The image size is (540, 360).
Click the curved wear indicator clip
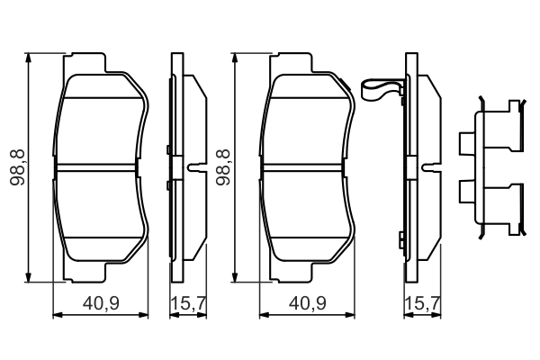click(x=381, y=91)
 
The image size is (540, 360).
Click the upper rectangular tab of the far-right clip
click(x=466, y=142)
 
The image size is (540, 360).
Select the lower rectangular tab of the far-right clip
click(x=466, y=190)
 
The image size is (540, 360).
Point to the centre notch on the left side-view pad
click(x=193, y=167)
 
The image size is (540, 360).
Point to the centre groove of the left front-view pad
click(x=101, y=167)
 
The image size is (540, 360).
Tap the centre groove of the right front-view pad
click(x=306, y=167)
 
